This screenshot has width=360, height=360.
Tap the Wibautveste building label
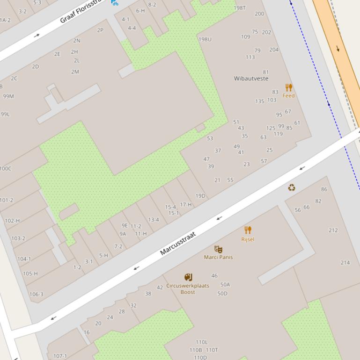251,79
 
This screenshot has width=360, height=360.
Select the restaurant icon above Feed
289,87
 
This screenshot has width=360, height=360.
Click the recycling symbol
292,188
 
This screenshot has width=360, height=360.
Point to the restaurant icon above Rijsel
248,230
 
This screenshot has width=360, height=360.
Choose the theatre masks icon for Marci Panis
218,249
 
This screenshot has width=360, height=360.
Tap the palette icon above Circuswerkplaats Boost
188,277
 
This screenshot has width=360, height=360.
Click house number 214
345,263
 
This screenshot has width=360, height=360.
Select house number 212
333,230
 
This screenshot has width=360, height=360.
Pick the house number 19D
200,196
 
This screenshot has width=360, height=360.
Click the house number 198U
205,39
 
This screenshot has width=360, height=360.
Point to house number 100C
6,169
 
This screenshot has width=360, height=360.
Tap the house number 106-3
37,295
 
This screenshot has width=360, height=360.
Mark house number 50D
222,294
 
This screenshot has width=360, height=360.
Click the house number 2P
100,30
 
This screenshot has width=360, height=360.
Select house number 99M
8,97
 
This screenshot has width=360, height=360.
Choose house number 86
324,189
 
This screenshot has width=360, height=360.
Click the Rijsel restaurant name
248,239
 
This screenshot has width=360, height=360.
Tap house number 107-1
60,356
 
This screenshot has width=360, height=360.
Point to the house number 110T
212,350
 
